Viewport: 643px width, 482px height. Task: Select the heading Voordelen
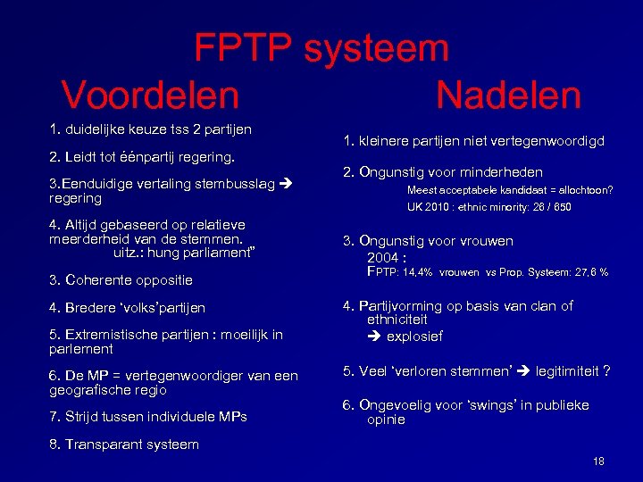click(150, 95)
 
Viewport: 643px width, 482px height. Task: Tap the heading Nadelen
click(508, 95)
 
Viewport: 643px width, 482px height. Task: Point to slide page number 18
click(598, 461)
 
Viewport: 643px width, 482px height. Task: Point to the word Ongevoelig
click(398, 405)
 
